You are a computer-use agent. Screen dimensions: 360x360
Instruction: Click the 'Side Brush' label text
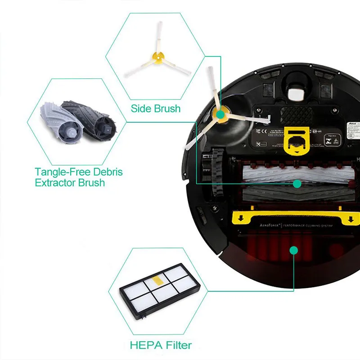(x=156, y=108)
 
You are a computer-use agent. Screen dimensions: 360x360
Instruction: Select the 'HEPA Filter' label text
(x=161, y=345)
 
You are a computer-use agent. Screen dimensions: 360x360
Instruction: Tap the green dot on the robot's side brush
(x=220, y=115)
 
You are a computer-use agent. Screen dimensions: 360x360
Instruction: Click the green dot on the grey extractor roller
(x=297, y=183)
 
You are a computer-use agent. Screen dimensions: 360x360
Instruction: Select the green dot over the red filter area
(x=293, y=250)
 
